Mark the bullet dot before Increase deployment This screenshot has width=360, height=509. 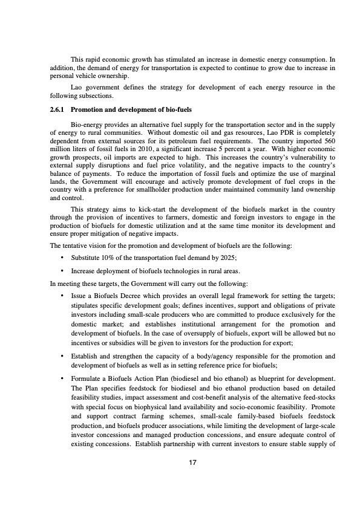click(63, 270)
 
